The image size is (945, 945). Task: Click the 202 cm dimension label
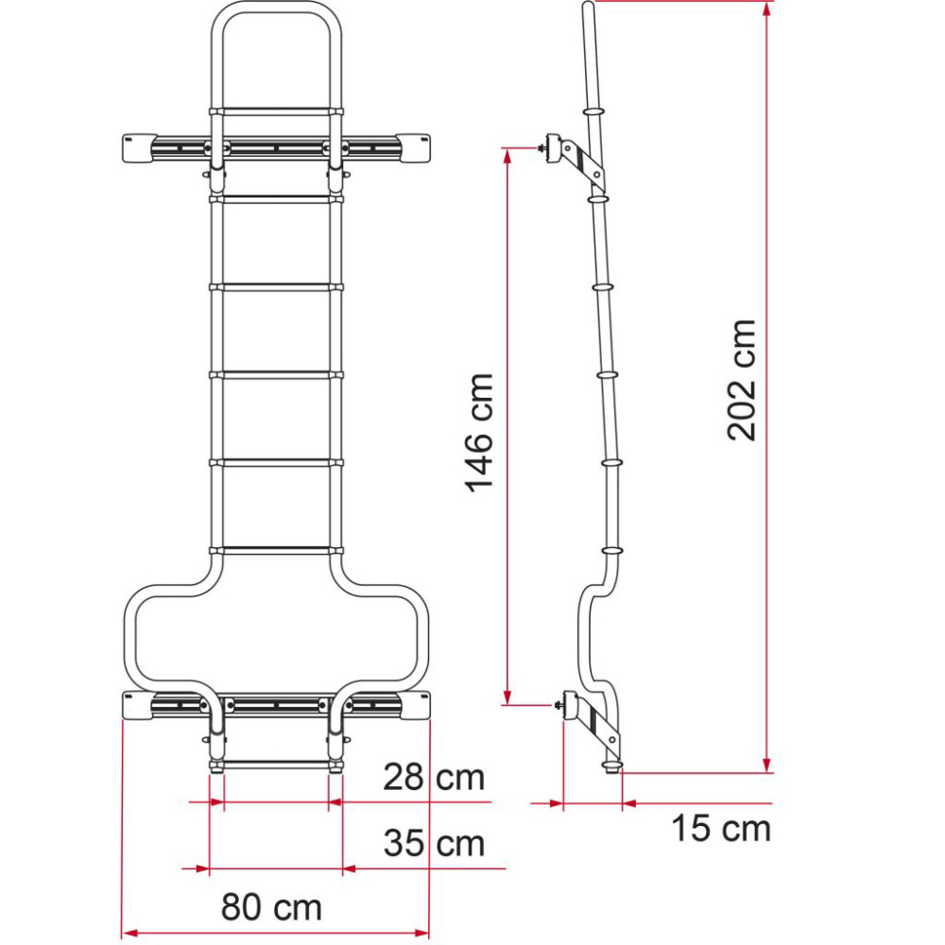click(x=743, y=380)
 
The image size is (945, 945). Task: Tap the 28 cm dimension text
click(x=434, y=778)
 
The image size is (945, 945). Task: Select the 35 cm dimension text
click(x=434, y=842)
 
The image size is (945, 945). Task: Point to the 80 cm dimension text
click(x=272, y=907)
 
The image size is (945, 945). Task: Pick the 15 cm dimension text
click(x=721, y=829)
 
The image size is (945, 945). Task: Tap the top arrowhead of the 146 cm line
click(x=508, y=155)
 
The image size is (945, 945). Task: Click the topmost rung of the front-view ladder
click(x=275, y=112)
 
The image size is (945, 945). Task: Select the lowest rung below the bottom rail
click(x=275, y=763)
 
